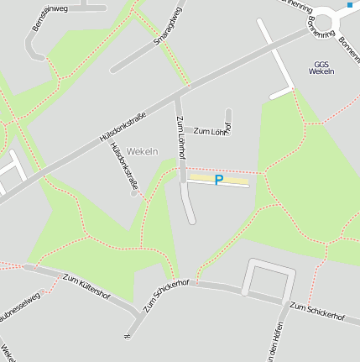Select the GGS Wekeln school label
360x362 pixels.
(x=321, y=68)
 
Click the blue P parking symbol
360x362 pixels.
(x=219, y=180)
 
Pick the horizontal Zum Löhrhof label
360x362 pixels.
(x=211, y=131)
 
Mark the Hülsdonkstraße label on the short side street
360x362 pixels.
(x=124, y=163)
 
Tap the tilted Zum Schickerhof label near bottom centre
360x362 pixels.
(x=166, y=296)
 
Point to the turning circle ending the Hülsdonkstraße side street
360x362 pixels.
(x=133, y=194)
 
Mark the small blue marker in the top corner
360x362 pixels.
(x=350, y=5)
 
